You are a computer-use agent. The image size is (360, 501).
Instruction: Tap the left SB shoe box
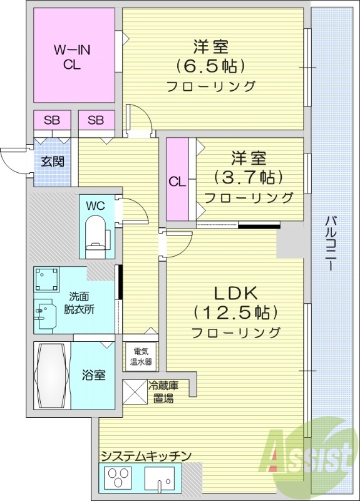52,120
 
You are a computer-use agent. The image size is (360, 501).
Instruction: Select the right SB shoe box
96,120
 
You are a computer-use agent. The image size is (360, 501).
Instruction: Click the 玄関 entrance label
53,161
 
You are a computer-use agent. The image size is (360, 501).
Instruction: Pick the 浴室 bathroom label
94,375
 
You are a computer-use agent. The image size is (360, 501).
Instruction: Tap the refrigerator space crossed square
135,393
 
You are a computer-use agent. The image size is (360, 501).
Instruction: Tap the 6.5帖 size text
210,65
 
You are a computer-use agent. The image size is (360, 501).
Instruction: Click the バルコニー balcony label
331,244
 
